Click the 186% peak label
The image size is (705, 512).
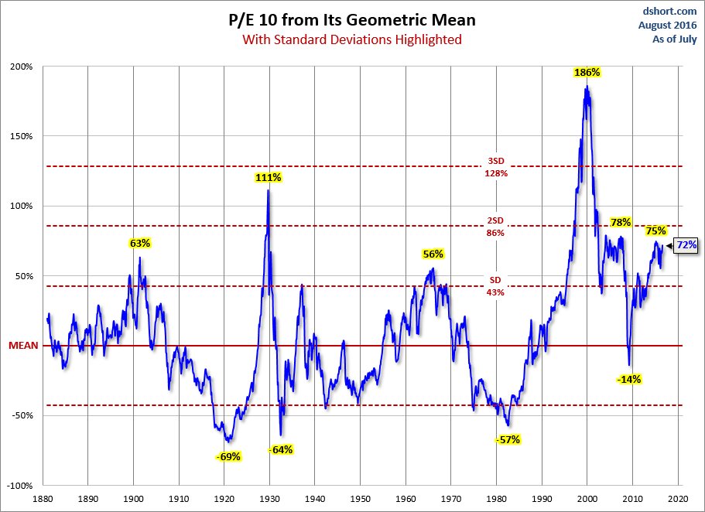[587, 72]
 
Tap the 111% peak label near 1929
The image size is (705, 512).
[268, 177]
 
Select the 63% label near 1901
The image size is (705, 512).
[139, 243]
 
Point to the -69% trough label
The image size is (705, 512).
[229, 456]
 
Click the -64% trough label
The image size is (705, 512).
[281, 449]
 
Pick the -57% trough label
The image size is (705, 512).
[508, 439]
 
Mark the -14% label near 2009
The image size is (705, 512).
[628, 379]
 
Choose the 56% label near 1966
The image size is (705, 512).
[433, 254]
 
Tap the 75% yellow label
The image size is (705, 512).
[655, 230]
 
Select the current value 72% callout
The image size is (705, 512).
[686, 245]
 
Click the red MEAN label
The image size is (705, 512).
[23, 346]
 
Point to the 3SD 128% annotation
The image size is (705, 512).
[495, 167]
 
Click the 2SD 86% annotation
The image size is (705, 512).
[495, 227]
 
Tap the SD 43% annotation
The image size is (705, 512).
[495, 286]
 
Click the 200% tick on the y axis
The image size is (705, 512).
[21, 67]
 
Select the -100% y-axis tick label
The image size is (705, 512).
[19, 486]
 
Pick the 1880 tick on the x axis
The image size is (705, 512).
[43, 498]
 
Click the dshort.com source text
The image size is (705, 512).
[671, 12]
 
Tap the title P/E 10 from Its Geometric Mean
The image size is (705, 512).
[352, 20]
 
